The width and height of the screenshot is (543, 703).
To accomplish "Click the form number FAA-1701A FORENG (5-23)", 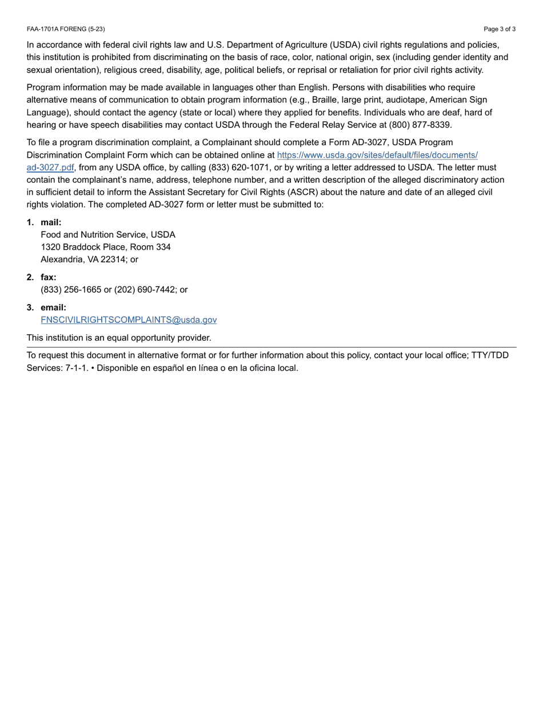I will pos(66,29).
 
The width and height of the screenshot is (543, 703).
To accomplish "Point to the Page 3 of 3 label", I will pos(499,29).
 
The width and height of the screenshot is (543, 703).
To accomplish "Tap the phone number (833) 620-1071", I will pos(235,167).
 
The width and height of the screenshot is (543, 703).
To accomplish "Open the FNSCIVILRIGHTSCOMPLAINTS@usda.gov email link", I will pos(129,320).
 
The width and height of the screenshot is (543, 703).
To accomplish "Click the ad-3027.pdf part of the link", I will pos(50,167).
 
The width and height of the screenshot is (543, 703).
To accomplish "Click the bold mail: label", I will pos(51,222).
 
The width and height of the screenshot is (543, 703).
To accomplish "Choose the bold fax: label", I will pos(49,277).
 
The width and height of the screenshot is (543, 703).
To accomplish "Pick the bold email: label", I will pos(54,307).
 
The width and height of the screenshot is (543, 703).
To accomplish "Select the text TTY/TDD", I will pos(489,356).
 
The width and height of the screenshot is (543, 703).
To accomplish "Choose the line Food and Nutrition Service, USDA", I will pos(108,235).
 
